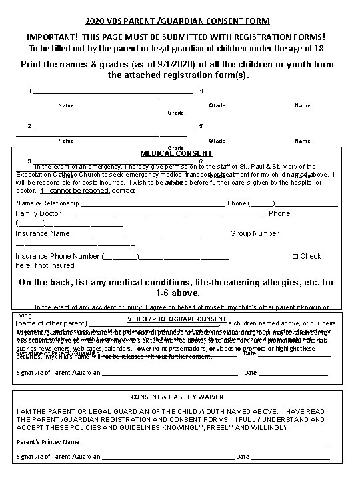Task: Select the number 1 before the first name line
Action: click(29, 91)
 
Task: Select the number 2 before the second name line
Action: click(29, 126)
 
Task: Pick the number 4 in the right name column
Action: click(201, 91)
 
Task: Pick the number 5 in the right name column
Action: click(201, 126)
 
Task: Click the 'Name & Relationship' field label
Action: click(47, 203)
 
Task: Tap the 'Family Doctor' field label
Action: click(38, 214)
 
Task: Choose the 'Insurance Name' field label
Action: click(43, 234)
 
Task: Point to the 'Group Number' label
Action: click(254, 234)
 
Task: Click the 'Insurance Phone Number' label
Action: click(57, 256)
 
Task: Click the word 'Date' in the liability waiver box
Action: click(243, 457)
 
